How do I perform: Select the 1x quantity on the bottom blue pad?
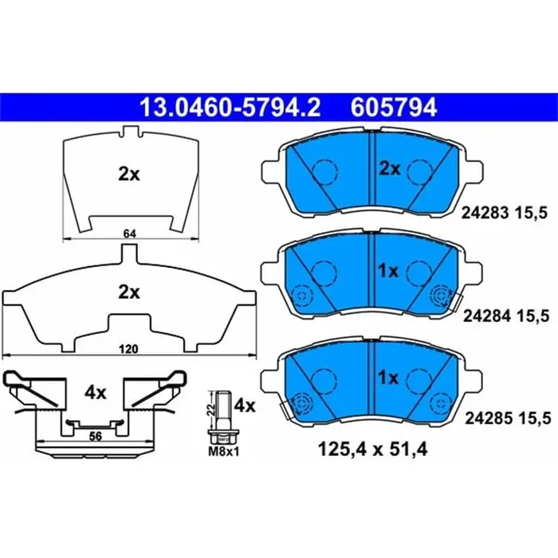click(388, 377)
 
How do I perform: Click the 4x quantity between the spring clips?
click(96, 392)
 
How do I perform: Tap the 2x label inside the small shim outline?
click(128, 175)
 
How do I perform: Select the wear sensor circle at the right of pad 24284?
click(441, 297)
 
